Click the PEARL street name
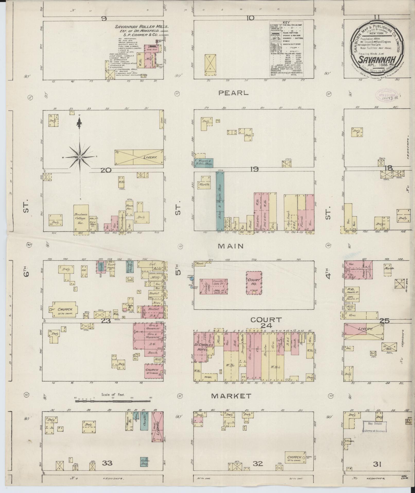point(234,93)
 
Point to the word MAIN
point(231,246)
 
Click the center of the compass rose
point(80,157)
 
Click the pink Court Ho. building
point(254,282)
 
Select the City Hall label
point(93,223)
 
